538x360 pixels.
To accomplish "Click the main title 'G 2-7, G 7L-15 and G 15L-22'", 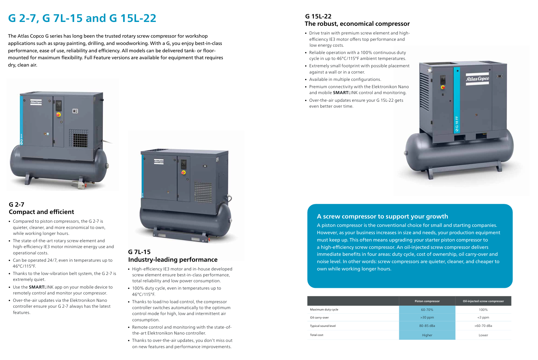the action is click(82, 18).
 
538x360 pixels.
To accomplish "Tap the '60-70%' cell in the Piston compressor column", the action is click(427, 309).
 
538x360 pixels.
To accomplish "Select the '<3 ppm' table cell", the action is click(483, 317).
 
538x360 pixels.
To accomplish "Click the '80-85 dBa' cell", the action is click(427, 326).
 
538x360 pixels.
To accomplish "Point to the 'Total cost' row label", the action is click(317, 335).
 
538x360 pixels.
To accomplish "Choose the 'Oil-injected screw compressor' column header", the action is click(483, 301).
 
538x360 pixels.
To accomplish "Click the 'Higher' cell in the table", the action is click(427, 335).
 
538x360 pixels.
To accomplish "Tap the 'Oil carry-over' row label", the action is click(319, 317).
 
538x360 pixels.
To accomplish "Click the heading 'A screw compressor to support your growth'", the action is click(382, 216).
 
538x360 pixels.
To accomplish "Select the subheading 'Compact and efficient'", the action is click(41, 212).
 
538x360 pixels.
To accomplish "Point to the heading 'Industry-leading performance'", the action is click(173, 259).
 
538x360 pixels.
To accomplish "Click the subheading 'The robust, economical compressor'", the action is click(357, 23).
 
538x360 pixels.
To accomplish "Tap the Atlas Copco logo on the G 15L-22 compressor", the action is click(477, 79).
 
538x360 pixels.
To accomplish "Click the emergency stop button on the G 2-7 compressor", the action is click(58, 115).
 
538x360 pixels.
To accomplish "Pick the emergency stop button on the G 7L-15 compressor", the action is click(183, 172).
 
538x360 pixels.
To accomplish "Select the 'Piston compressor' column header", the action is click(427, 301).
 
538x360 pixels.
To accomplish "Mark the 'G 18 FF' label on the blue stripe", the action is click(456, 124).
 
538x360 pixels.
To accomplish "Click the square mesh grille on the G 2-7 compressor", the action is click(78, 138).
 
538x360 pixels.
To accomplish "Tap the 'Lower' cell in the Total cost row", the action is click(483, 335).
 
